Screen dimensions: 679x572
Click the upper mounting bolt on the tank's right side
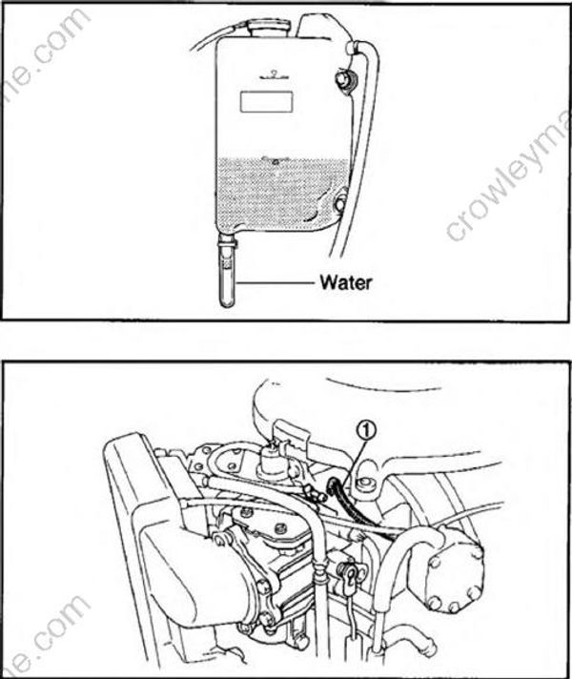pos(343,75)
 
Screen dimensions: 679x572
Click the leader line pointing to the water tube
pos(276,282)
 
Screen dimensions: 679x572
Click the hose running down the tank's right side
pos(359,143)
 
